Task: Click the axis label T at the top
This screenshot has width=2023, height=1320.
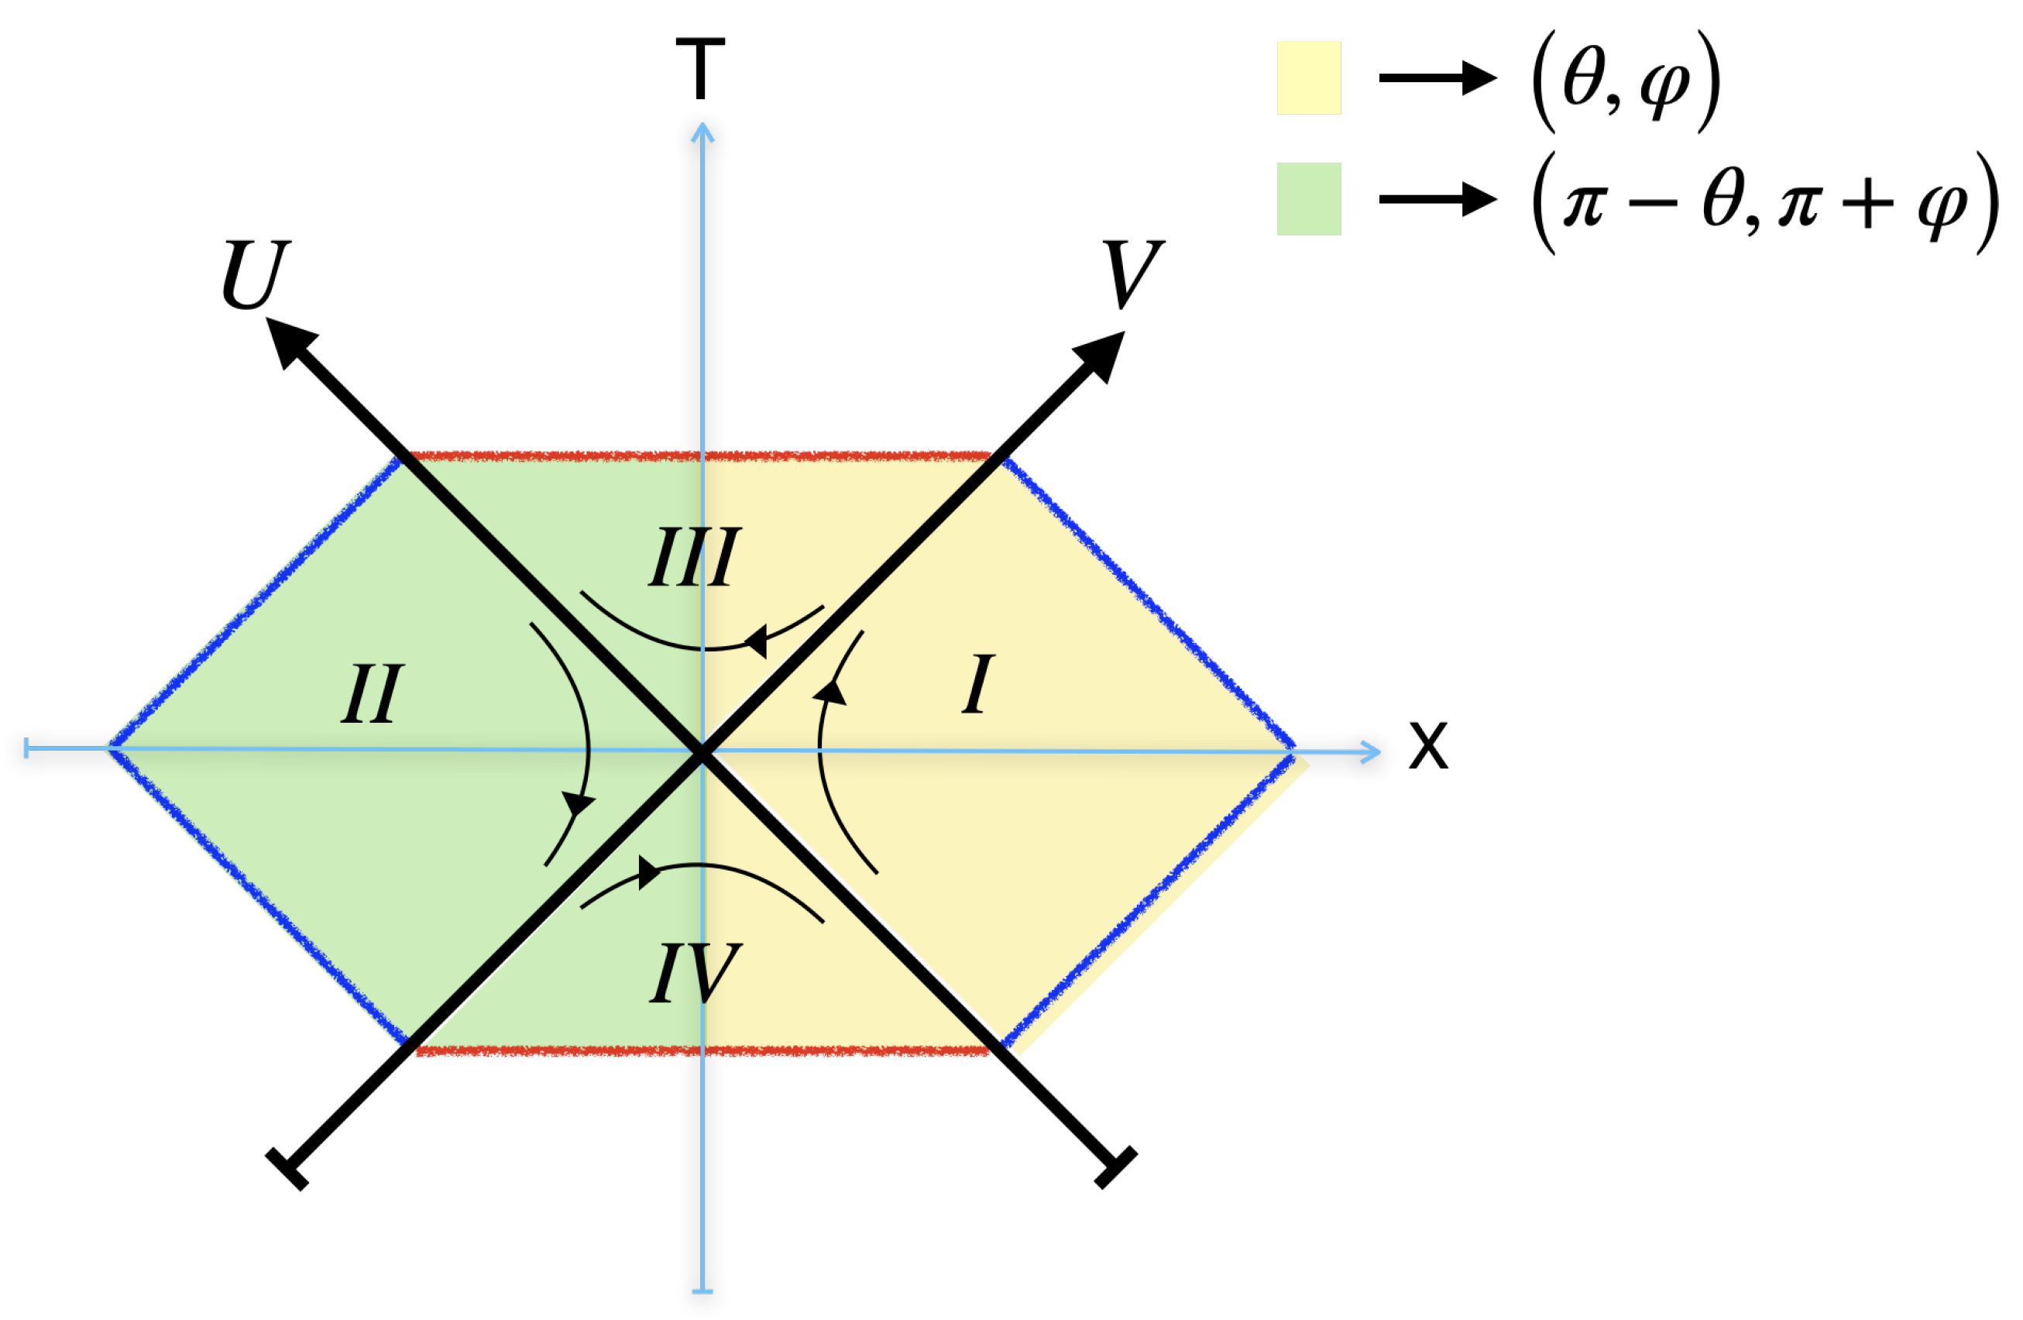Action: point(700,69)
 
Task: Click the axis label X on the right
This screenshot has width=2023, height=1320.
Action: point(1428,746)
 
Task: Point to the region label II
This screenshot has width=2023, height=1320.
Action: point(372,693)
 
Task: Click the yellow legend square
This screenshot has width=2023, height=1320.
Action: point(1308,77)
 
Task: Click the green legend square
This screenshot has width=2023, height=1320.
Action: point(1308,199)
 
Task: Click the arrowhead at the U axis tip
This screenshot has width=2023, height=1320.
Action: point(289,340)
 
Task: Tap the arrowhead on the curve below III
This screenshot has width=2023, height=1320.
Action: point(757,640)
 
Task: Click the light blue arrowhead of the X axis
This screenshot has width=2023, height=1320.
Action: point(1369,751)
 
